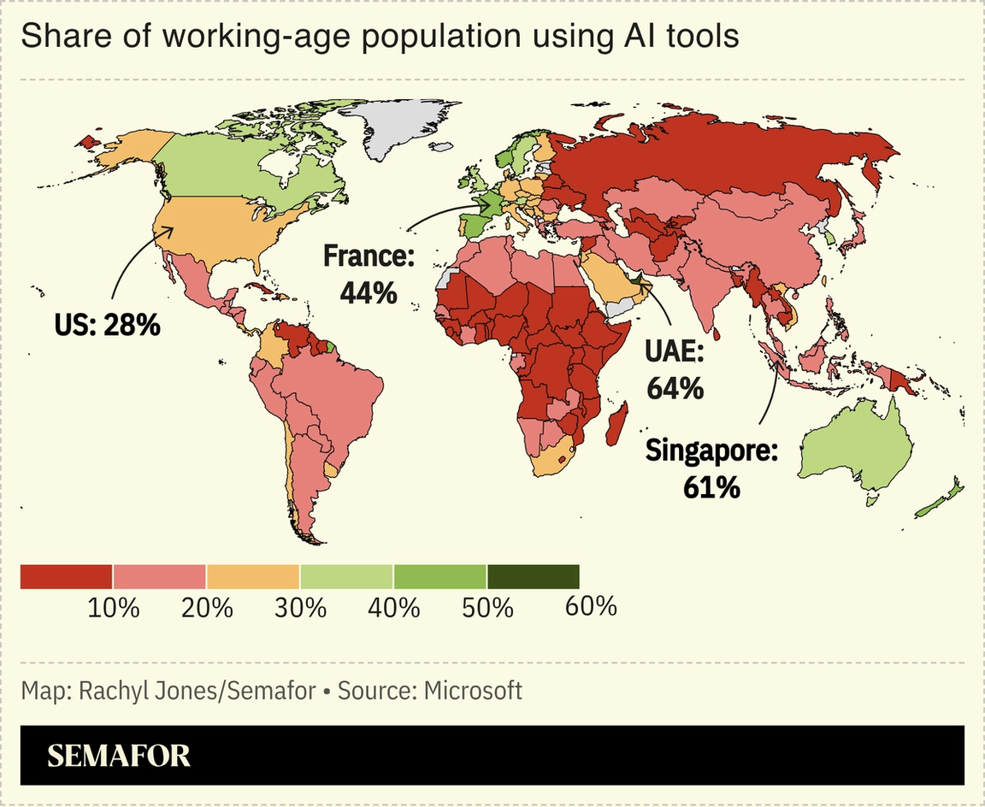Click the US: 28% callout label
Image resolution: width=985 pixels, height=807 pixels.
pyautogui.click(x=107, y=324)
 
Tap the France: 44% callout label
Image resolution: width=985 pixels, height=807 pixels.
pyautogui.click(x=369, y=274)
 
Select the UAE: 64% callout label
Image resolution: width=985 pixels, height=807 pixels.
pyautogui.click(x=675, y=369)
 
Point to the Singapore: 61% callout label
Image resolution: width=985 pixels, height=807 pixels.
pyautogui.click(x=711, y=468)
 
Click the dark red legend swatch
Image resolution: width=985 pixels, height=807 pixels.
pyautogui.click(x=66, y=576)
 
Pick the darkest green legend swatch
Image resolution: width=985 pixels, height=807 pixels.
pyautogui.click(x=533, y=576)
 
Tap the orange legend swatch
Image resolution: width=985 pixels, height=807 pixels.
pyautogui.click(x=253, y=576)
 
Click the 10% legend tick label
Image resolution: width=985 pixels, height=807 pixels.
pyautogui.click(x=113, y=608)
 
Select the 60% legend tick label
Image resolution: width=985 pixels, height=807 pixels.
pyautogui.click(x=591, y=607)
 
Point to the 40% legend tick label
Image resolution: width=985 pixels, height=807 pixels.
pyautogui.click(x=393, y=608)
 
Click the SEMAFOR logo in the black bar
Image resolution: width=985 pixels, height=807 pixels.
pyautogui.click(x=119, y=756)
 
